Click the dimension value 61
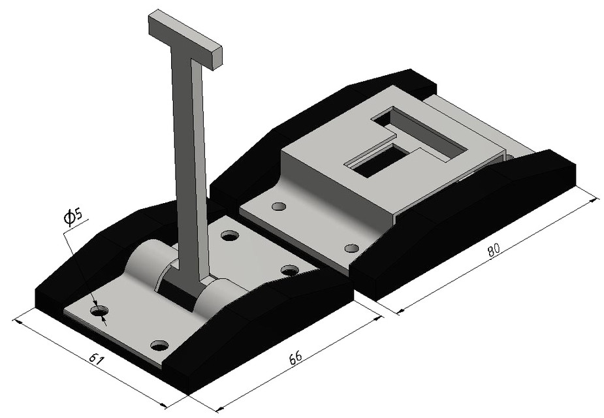tap(96, 359)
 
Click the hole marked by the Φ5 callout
tap(99, 312)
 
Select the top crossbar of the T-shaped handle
tap(186, 39)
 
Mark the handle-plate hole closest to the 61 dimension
tap(159, 344)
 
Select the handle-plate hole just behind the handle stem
tap(229, 235)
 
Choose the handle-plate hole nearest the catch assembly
tap(289, 270)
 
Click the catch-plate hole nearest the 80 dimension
tap(351, 248)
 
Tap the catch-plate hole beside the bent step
tap(279, 206)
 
